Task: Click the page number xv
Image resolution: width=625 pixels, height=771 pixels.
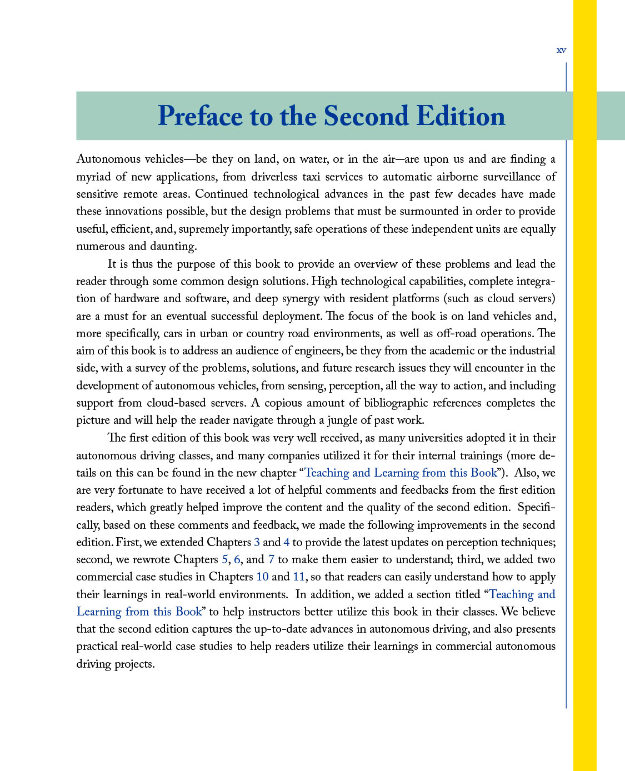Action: (x=561, y=51)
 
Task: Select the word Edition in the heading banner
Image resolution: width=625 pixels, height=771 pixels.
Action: (x=461, y=117)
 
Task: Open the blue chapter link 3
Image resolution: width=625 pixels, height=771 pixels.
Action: (x=257, y=542)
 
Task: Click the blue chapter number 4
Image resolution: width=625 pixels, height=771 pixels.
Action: (x=287, y=542)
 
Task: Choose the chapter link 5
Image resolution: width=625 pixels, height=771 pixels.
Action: (x=224, y=559)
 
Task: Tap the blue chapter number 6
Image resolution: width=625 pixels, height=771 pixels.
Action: (x=237, y=559)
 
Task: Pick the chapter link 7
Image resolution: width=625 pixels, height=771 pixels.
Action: (x=271, y=559)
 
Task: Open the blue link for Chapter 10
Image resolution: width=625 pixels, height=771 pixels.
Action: (x=262, y=577)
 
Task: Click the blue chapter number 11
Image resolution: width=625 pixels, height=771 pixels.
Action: (x=299, y=577)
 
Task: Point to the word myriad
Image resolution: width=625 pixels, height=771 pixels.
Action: (x=93, y=177)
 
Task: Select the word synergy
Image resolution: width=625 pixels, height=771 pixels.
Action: (x=300, y=298)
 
